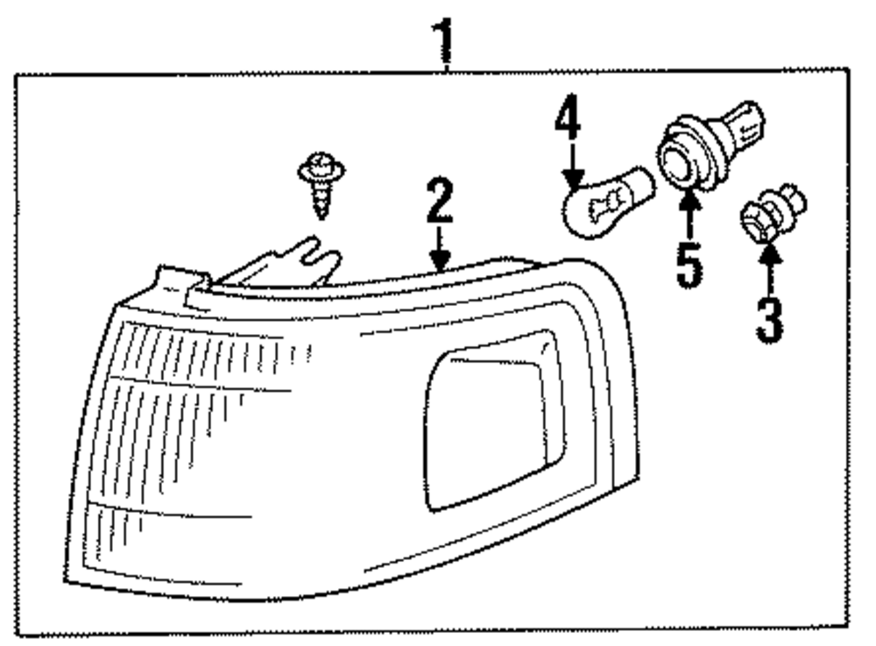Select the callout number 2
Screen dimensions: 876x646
tap(439, 201)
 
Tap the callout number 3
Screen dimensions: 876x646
tap(769, 319)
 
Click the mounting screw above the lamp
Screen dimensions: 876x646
tap(321, 184)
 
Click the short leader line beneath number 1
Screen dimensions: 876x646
tap(447, 65)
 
